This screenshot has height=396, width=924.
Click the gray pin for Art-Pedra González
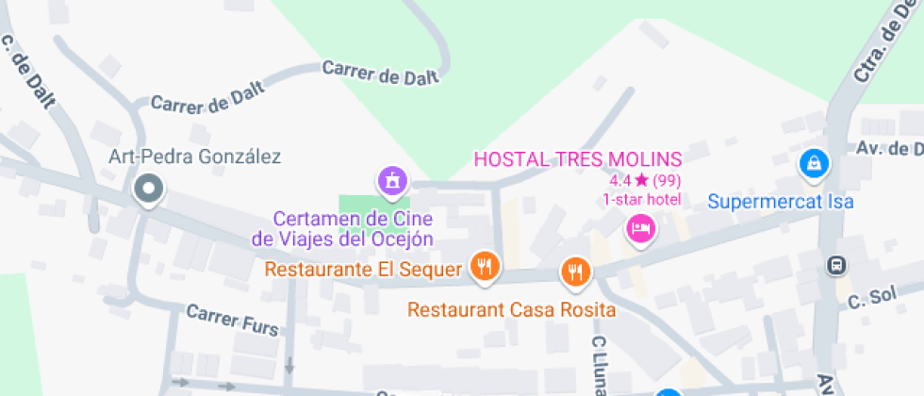(148, 190)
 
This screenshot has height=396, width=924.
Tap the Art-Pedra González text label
(194, 157)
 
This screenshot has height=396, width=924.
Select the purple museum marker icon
(392, 178)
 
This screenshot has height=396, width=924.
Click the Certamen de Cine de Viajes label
(343, 229)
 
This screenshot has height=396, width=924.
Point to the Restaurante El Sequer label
(364, 270)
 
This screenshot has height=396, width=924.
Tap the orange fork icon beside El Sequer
(486, 267)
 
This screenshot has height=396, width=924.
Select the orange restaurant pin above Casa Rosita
(574, 272)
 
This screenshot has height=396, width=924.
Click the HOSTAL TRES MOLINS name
(577, 158)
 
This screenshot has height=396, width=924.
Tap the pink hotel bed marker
(641, 227)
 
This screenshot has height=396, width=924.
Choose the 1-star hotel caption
(642, 199)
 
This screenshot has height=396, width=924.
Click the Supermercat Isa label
(780, 201)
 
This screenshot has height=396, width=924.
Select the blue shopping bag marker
(813, 163)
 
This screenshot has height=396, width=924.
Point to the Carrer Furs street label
(232, 321)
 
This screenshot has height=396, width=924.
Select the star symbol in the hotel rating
(641, 179)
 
